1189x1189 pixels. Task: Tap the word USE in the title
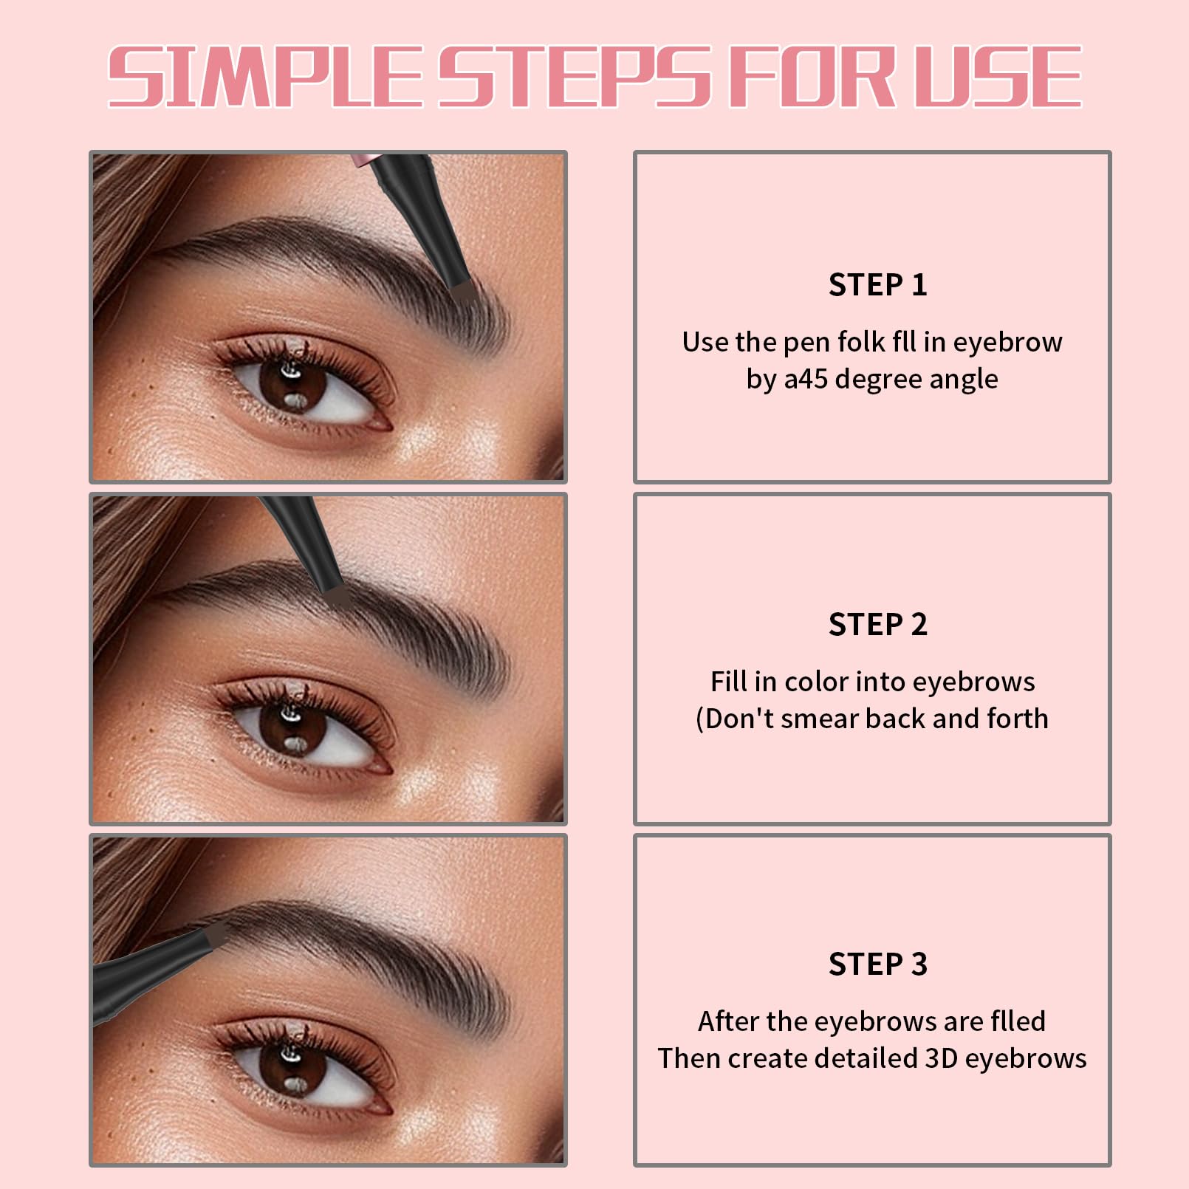(997, 77)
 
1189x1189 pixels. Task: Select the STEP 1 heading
(877, 285)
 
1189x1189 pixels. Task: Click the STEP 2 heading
(877, 625)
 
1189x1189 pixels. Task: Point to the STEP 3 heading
(877, 964)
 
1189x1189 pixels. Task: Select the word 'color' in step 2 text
(816, 682)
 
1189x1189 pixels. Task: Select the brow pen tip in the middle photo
(337, 597)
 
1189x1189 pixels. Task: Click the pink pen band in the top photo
(363, 160)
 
